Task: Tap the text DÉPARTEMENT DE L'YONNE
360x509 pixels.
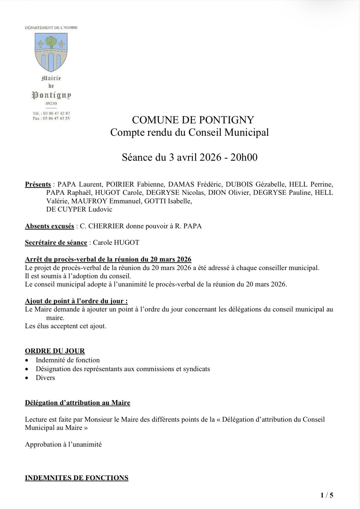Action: click(x=51, y=28)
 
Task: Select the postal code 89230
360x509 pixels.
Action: click(x=51, y=103)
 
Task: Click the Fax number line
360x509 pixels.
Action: click(x=51, y=118)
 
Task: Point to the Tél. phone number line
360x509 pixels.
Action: click(x=51, y=113)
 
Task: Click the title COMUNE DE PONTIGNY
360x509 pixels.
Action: click(x=193, y=120)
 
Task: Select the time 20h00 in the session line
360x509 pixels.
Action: click(x=244, y=158)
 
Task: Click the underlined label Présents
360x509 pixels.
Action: click(x=38, y=185)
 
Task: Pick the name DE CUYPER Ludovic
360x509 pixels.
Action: click(x=79, y=210)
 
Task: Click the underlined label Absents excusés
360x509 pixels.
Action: click(x=49, y=226)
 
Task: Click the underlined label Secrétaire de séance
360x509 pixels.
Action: click(x=56, y=243)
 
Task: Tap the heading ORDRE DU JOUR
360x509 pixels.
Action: click(x=55, y=351)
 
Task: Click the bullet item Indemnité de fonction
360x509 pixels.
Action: click(x=68, y=360)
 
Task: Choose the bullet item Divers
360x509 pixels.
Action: click(x=45, y=378)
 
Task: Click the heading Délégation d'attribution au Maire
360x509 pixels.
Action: click(x=78, y=403)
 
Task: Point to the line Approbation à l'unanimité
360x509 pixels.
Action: click(x=63, y=444)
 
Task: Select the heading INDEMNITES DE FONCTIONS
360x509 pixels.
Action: click(x=76, y=478)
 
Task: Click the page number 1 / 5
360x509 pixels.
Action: click(x=326, y=495)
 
